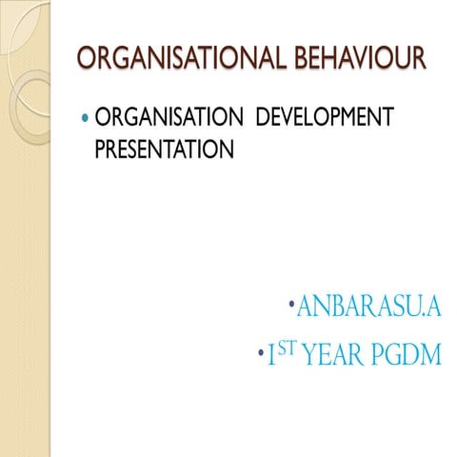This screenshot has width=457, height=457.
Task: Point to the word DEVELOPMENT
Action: coord(323,119)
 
